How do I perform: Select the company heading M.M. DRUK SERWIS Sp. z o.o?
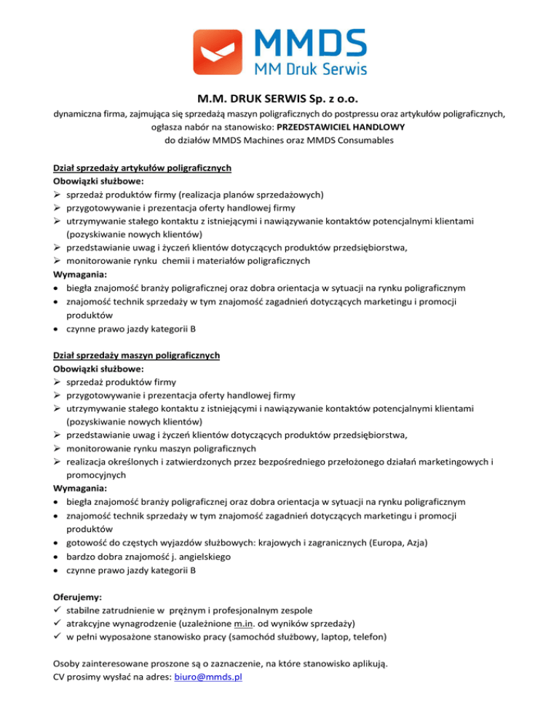click(x=279, y=98)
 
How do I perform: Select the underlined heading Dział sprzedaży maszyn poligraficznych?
click(x=137, y=355)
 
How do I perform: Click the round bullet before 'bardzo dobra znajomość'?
click(x=58, y=557)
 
